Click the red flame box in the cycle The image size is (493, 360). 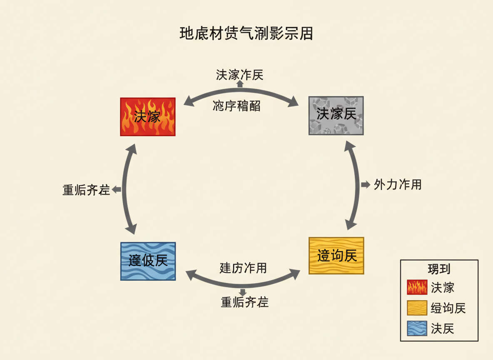click(x=148, y=117)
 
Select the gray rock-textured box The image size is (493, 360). click(x=336, y=115)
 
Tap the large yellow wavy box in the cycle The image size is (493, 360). click(x=336, y=255)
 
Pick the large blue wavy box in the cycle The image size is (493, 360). click(x=148, y=261)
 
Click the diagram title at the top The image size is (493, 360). click(x=246, y=33)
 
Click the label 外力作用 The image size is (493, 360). click(x=398, y=185)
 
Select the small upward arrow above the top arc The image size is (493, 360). click(x=240, y=83)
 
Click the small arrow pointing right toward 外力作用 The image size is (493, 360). click(x=365, y=185)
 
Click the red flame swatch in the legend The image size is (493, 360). click(x=417, y=287)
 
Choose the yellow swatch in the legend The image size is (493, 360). click(x=417, y=308)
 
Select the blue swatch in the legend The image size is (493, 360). click(x=417, y=328)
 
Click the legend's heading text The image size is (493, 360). click(x=439, y=269)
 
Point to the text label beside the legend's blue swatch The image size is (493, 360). click(x=442, y=329)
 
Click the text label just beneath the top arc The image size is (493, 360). click(x=237, y=106)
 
